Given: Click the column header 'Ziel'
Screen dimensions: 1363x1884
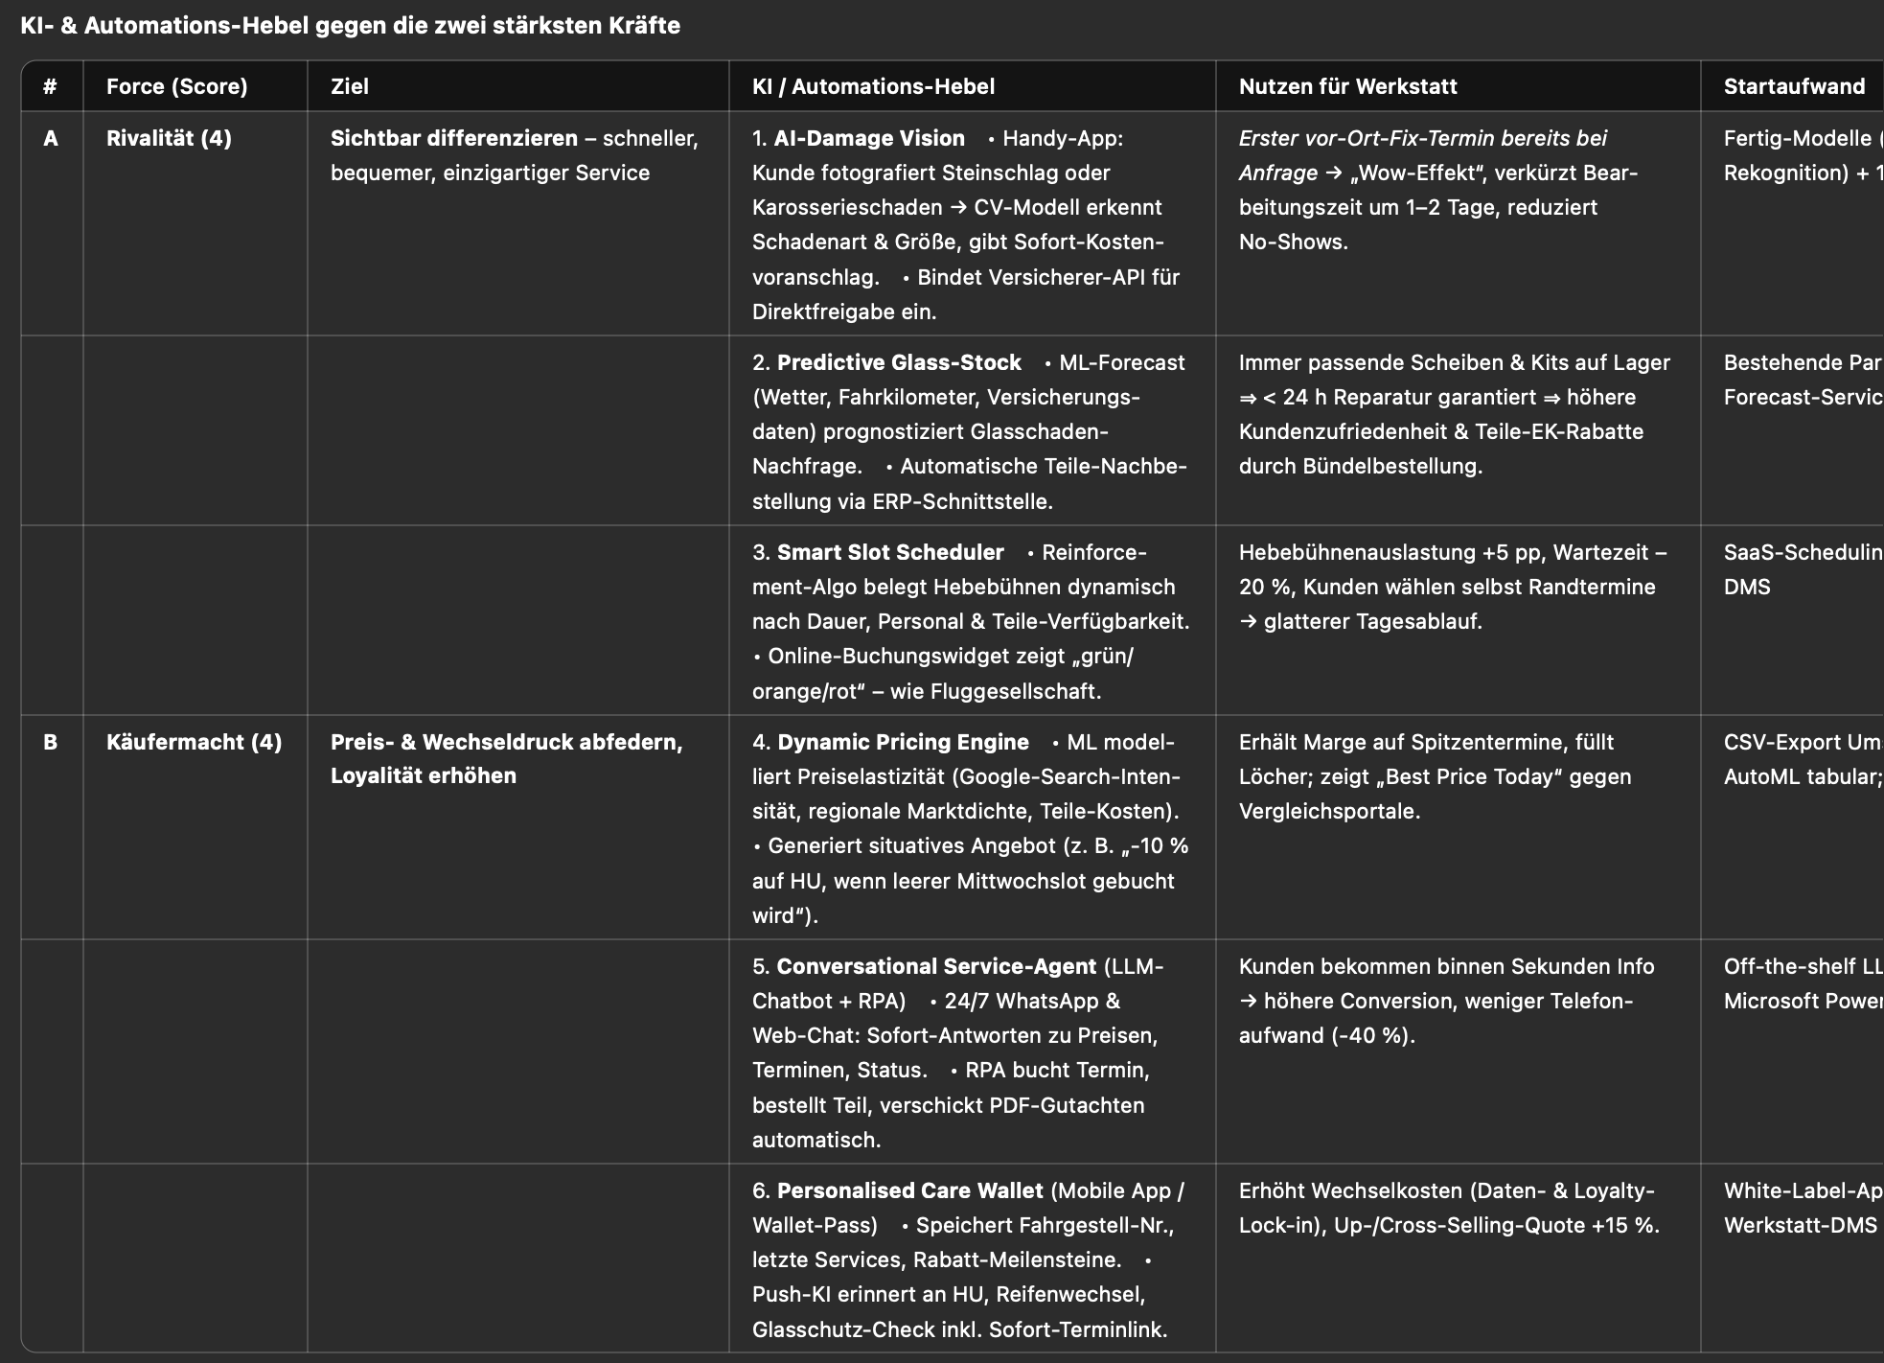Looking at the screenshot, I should [x=350, y=86].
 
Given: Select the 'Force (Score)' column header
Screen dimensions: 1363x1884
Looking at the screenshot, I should [x=176, y=86].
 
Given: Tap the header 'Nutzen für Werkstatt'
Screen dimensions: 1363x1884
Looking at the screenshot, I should [x=1347, y=86].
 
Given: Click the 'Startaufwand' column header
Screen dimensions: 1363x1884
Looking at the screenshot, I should [x=1794, y=86].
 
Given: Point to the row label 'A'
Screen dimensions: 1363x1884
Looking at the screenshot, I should [x=51, y=138].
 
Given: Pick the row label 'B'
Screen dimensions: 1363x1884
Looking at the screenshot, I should [x=51, y=742].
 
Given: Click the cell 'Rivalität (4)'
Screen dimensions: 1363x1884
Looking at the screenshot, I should [x=169, y=138].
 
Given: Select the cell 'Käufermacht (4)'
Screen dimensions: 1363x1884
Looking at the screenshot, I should [x=194, y=742].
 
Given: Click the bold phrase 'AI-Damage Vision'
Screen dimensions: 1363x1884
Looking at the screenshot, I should [x=869, y=138].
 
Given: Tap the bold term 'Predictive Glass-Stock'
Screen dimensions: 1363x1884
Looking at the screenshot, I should [x=899, y=362].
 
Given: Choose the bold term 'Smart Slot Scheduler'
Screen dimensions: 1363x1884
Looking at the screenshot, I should [x=890, y=552].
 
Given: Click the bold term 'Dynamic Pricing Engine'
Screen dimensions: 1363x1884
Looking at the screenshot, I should [x=903, y=742].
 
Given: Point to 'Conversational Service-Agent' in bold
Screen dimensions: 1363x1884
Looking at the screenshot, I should [x=936, y=966].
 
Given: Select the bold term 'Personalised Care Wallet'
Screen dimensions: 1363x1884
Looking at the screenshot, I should [x=909, y=1190].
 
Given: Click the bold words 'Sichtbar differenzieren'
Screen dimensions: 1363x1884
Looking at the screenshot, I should [x=454, y=138].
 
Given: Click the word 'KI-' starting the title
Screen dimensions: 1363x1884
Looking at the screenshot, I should [x=36, y=26].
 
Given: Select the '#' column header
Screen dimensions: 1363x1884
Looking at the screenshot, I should [x=50, y=86].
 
